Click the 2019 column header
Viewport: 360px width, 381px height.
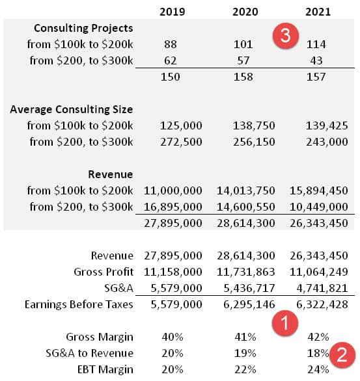click(173, 12)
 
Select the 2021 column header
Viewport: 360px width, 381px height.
click(318, 12)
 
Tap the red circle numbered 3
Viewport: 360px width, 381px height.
click(285, 36)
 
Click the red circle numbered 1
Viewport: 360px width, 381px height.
click(285, 323)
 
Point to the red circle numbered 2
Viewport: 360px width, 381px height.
click(342, 355)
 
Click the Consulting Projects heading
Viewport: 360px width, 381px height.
click(83, 28)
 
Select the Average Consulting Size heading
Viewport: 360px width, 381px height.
click(72, 109)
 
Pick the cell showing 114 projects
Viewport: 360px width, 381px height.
click(316, 44)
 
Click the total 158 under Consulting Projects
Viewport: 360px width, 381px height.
click(243, 77)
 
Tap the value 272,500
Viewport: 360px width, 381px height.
click(181, 142)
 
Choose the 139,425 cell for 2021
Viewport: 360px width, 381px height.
click(327, 125)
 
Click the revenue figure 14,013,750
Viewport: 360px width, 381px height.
click(245, 190)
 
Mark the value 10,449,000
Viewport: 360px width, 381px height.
click(318, 207)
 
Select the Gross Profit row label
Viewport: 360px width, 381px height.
click(104, 272)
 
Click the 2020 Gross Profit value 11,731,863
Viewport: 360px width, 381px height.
click(245, 272)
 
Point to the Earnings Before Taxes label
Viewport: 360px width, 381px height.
click(79, 304)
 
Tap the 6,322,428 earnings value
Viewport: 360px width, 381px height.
click(322, 304)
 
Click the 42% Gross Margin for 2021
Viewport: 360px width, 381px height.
click(318, 337)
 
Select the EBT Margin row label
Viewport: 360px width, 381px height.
click(105, 369)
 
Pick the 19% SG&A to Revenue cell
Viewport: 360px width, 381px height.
click(245, 353)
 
